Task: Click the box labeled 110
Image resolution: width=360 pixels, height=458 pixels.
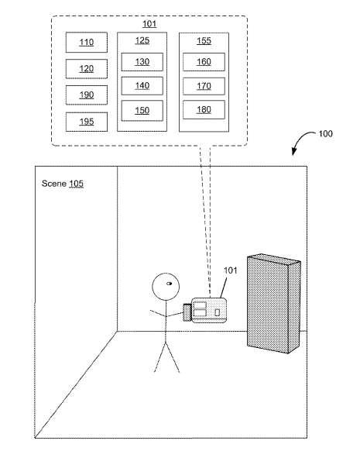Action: [87, 43]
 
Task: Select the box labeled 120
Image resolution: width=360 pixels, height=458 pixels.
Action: [87, 69]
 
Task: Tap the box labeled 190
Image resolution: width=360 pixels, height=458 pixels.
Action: [87, 95]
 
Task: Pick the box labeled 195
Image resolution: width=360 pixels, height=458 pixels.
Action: [87, 122]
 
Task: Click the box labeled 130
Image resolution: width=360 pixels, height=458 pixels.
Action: [142, 62]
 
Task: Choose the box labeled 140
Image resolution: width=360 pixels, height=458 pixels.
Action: [142, 86]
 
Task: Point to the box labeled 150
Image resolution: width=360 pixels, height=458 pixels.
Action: [142, 111]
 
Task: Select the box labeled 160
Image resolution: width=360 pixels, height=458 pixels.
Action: [204, 62]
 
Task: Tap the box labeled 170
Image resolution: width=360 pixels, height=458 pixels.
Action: [204, 86]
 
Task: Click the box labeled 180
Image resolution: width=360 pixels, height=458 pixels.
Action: [204, 109]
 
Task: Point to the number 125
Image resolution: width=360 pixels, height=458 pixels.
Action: [142, 40]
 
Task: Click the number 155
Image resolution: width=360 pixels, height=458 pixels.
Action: [204, 41]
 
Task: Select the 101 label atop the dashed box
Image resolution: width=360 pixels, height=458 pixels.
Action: [149, 24]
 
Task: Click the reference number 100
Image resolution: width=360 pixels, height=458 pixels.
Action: [325, 134]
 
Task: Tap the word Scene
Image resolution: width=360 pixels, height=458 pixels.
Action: [54, 184]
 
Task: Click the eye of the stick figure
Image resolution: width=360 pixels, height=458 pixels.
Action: [169, 284]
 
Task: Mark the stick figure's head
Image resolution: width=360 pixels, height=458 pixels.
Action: [166, 287]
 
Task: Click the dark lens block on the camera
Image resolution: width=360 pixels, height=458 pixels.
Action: [187, 312]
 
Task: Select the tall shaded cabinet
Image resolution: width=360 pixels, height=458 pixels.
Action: [273, 304]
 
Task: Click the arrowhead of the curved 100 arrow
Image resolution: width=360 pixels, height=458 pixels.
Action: [294, 152]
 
